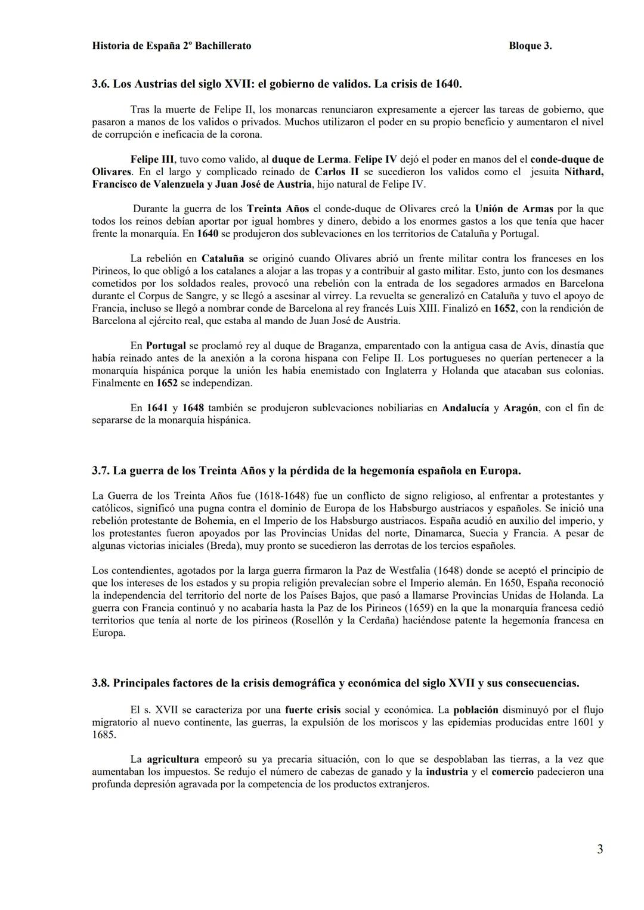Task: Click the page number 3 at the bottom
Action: (600, 849)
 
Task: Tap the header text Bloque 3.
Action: (530, 46)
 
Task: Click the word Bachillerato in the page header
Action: (221, 46)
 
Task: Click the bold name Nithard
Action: (583, 172)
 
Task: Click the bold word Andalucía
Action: (465, 408)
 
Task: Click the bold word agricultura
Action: (173, 760)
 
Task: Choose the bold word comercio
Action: (512, 772)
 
